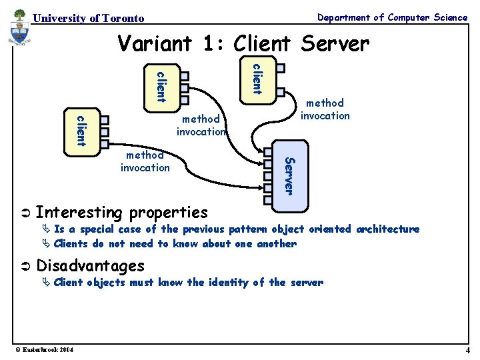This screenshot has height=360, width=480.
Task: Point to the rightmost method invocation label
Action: tap(325, 109)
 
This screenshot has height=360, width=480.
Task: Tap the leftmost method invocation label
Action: tap(145, 161)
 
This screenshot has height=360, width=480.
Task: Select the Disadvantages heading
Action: tap(90, 265)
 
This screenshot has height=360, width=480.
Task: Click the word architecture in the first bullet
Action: tap(387, 229)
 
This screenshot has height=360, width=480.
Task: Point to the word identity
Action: tap(227, 283)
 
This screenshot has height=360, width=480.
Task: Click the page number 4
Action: tap(467, 351)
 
